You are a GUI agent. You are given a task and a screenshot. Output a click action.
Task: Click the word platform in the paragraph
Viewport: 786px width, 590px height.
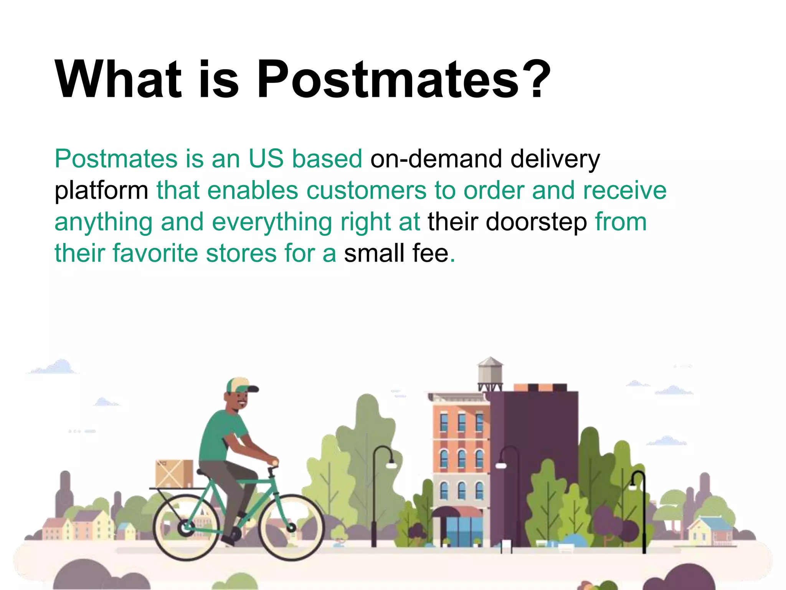coord(101,191)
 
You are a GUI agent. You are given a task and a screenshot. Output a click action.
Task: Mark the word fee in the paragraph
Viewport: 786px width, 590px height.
coord(430,254)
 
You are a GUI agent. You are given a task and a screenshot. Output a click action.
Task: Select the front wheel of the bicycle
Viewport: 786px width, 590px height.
coord(291,527)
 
